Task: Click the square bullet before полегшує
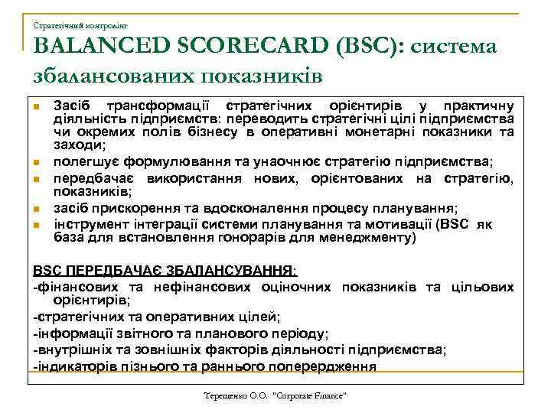[35, 161]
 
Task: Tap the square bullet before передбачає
[35, 180]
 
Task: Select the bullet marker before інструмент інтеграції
[35, 226]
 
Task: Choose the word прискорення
[134, 208]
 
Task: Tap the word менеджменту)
[371, 238]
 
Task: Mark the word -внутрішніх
[68, 350]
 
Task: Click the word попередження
[328, 366]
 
